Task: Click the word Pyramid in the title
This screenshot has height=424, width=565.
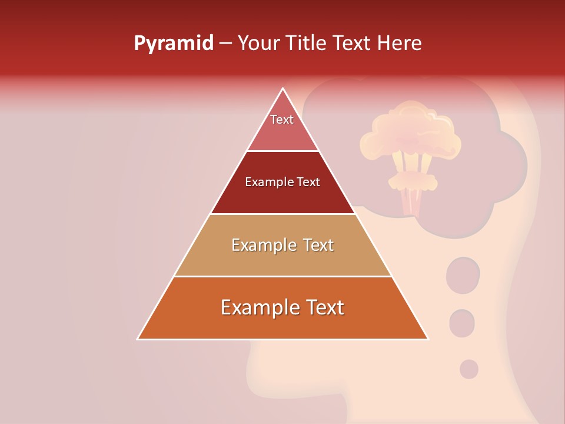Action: coord(174,44)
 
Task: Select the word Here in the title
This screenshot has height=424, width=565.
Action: coord(400,44)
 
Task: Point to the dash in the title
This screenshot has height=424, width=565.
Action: coord(225,44)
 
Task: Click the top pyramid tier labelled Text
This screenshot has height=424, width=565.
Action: coord(282,130)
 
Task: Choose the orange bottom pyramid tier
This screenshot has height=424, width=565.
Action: coord(282,321)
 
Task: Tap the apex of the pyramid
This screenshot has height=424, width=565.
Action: coord(283,90)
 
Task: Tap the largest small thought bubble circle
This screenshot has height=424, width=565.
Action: coord(463,275)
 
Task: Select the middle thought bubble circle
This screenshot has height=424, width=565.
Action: coord(462,323)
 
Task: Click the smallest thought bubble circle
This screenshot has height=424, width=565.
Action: coord(468,369)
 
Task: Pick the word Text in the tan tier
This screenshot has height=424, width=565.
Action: coord(317,245)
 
